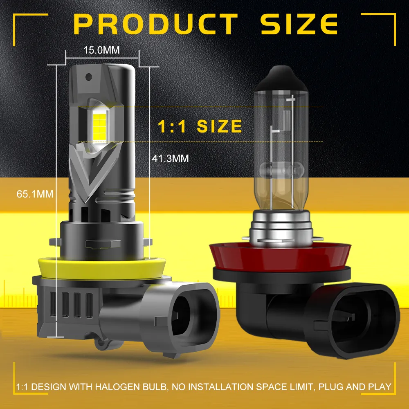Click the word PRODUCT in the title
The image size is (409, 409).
(x=156, y=25)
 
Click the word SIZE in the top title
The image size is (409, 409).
(x=299, y=25)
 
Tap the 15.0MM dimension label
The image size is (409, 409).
(x=101, y=50)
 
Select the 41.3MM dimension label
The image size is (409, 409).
(x=170, y=158)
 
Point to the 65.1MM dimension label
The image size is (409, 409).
(x=35, y=193)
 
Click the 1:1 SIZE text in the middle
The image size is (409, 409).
(x=200, y=126)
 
